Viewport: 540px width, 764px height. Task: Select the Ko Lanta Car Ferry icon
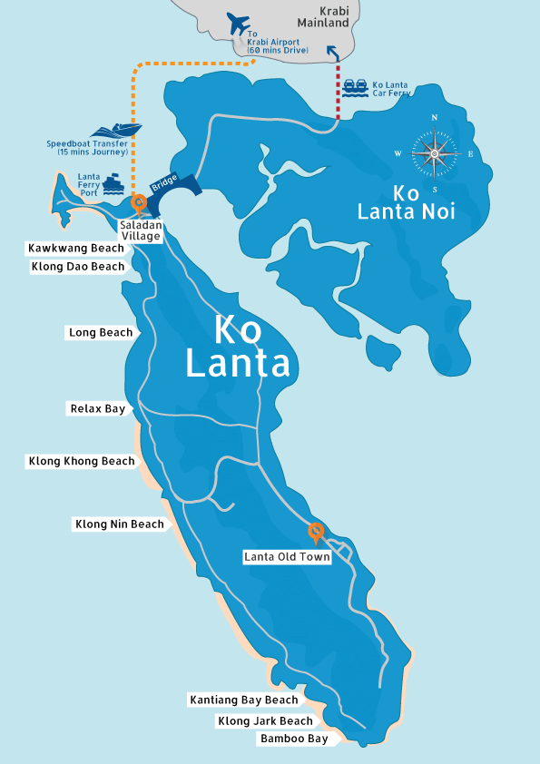(355, 86)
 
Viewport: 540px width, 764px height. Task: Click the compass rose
(435, 153)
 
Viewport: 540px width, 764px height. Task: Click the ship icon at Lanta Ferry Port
(113, 185)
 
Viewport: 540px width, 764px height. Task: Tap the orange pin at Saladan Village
(139, 203)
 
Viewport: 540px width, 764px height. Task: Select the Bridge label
(164, 182)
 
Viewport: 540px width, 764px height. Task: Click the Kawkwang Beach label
(76, 249)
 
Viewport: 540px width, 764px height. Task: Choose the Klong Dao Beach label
(76, 267)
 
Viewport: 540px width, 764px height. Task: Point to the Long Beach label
(101, 333)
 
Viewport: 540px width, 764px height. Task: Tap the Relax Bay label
(98, 409)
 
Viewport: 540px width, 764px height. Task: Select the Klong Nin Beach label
(120, 524)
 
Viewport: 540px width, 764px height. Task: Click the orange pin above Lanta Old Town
(316, 531)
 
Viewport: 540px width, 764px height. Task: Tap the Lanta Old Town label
(287, 557)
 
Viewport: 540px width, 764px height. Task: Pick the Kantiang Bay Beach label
(243, 700)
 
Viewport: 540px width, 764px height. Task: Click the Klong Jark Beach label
(265, 721)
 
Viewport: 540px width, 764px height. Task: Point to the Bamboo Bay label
(294, 740)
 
